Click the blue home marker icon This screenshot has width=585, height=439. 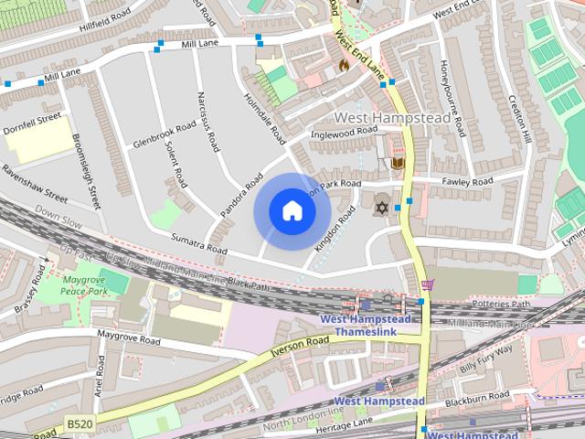click(x=292, y=211)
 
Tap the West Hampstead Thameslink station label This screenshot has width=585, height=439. click(x=366, y=325)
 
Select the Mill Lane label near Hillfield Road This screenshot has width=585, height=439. click(x=200, y=43)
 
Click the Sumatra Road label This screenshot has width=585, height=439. click(x=198, y=243)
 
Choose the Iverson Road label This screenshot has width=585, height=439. click(x=299, y=347)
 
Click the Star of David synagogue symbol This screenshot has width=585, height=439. click(x=381, y=209)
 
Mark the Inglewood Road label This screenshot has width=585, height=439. click(x=345, y=132)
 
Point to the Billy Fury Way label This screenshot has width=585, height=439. click(x=481, y=355)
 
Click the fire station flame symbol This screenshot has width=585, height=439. click(x=344, y=65)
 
